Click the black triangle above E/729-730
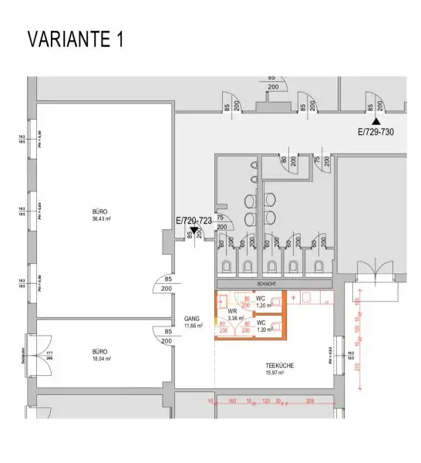click(x=376, y=121)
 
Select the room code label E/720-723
click(x=194, y=220)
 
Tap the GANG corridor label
click(x=192, y=318)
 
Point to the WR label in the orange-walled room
click(x=231, y=310)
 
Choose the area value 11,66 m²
click(x=193, y=326)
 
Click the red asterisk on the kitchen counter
click(x=294, y=297)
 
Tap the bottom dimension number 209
click(x=310, y=402)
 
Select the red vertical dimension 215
click(x=356, y=368)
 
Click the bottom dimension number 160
click(x=232, y=402)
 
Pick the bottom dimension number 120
click(x=265, y=402)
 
